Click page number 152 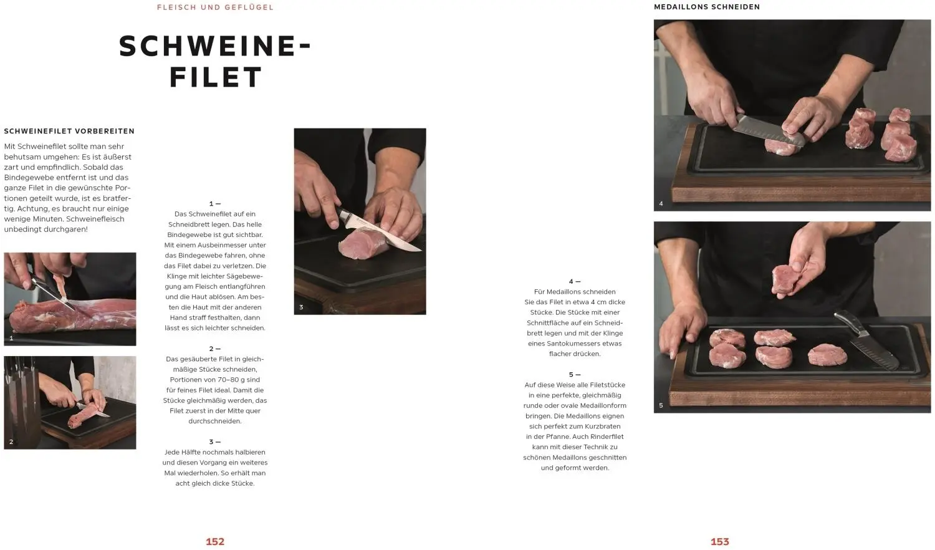[x=215, y=542]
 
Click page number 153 [x=719, y=542]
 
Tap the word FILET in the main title [x=216, y=77]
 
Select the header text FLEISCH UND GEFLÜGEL [x=215, y=7]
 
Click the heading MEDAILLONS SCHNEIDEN [x=707, y=7]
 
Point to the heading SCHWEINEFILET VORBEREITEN [x=69, y=131]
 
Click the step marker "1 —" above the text [x=215, y=204]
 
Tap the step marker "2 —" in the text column [x=215, y=349]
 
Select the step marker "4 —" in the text [x=575, y=281]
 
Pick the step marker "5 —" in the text [x=575, y=375]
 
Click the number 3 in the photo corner [x=301, y=307]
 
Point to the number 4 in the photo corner [x=661, y=204]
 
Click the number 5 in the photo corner [x=661, y=405]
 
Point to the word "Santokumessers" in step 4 [x=592, y=344]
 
